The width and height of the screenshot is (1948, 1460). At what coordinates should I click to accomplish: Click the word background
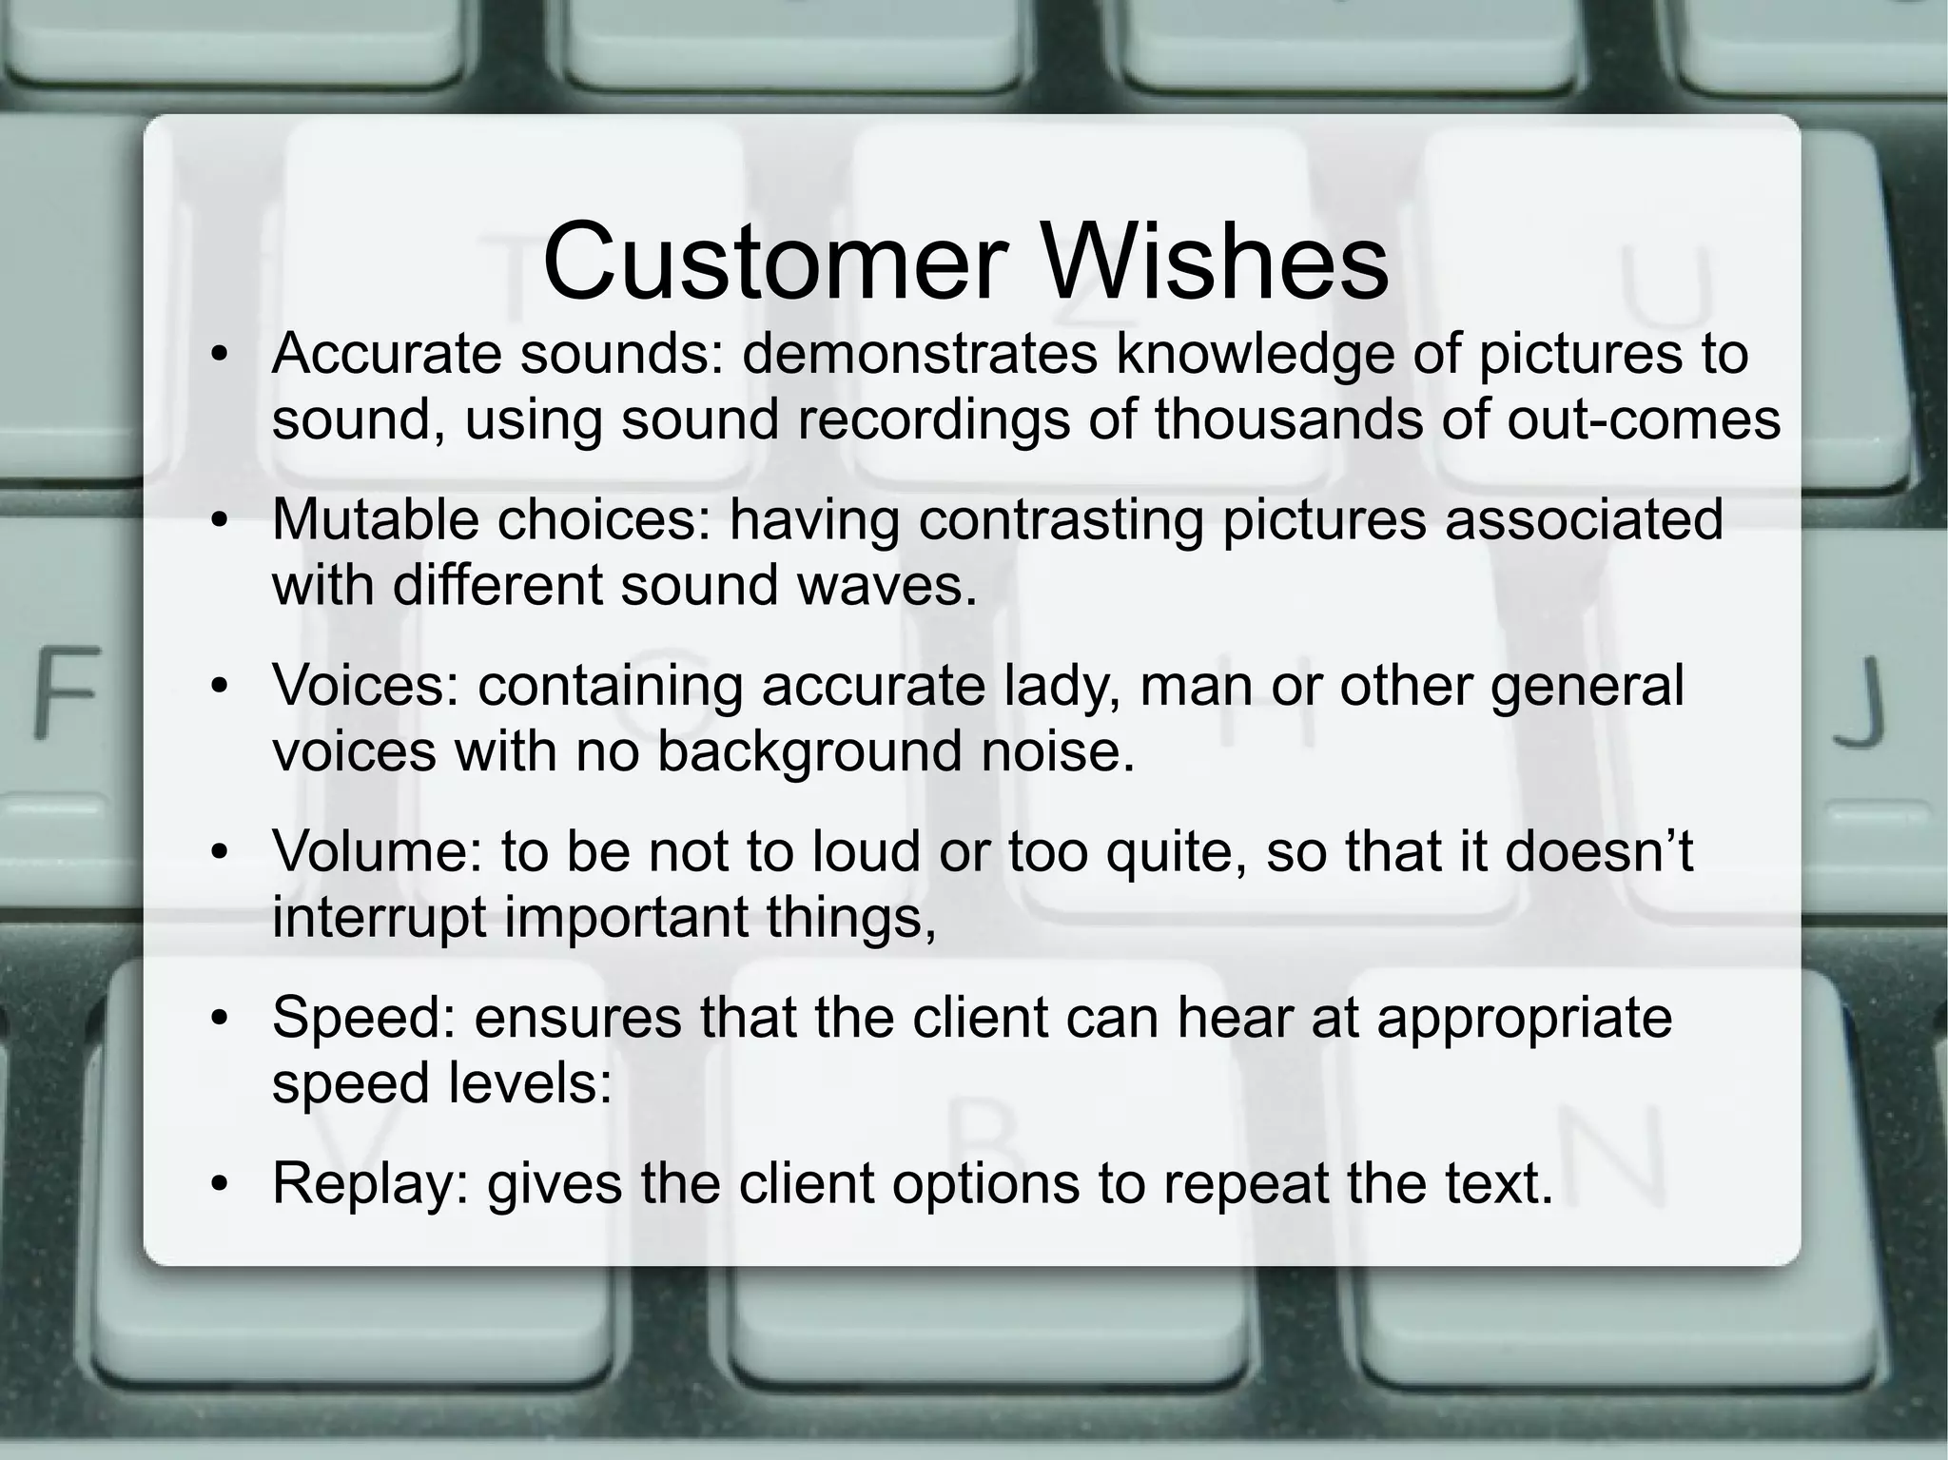point(809,753)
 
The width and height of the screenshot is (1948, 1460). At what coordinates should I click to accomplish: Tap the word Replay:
point(371,1185)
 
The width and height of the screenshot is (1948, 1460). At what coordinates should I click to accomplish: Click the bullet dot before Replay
point(221,1185)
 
